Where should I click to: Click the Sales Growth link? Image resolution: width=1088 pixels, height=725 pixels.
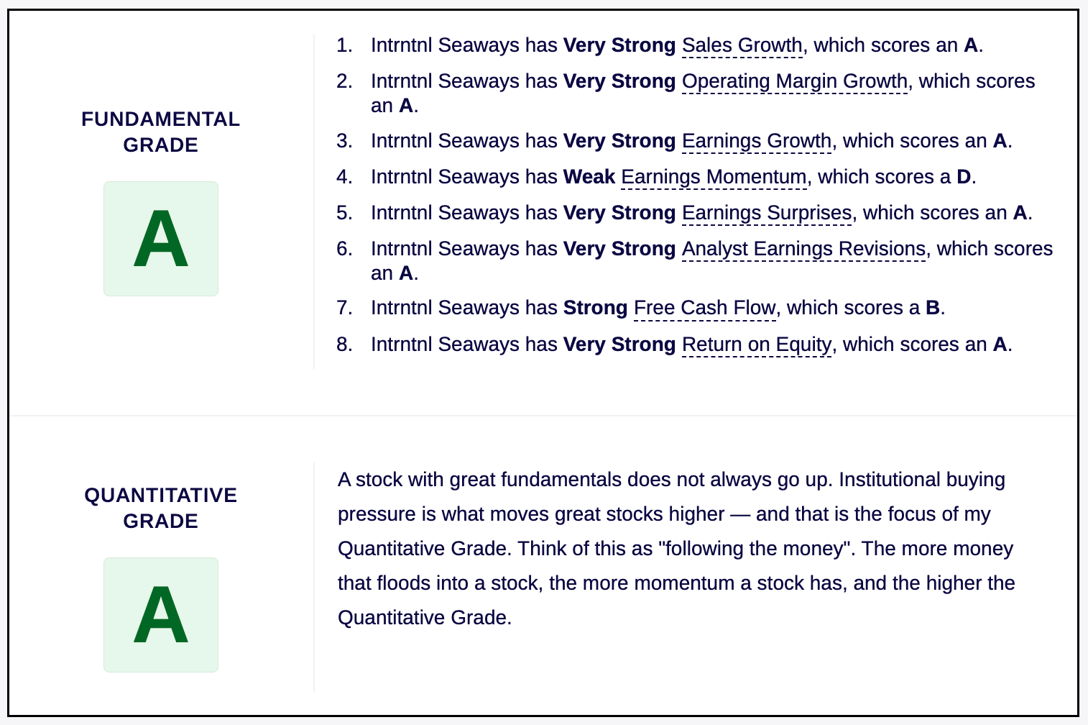(742, 45)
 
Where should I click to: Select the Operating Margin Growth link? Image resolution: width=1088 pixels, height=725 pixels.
(795, 81)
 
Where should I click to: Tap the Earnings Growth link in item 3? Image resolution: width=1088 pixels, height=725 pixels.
(757, 141)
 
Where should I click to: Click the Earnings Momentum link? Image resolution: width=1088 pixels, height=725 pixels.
(714, 177)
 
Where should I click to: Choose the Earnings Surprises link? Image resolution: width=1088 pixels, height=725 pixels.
(767, 213)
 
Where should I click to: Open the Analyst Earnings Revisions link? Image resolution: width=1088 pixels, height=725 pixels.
(804, 249)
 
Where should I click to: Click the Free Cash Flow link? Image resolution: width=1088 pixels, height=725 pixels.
(705, 308)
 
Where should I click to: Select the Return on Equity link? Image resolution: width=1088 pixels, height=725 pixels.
(757, 345)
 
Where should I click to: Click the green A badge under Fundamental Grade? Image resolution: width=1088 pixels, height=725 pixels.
(161, 239)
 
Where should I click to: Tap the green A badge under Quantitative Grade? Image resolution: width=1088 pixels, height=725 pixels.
(161, 615)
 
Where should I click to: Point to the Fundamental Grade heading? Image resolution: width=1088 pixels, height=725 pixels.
(161, 132)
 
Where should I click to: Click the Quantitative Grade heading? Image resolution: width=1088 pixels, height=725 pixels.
(161, 508)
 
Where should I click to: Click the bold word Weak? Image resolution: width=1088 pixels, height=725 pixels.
(589, 177)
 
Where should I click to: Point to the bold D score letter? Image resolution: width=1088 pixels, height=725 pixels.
(964, 177)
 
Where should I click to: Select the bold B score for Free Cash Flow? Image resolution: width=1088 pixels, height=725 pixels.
(933, 308)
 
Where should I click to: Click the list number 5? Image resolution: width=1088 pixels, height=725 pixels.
(344, 213)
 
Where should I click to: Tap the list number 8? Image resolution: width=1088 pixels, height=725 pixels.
(344, 345)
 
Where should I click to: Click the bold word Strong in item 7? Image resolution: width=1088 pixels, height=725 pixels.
(596, 309)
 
